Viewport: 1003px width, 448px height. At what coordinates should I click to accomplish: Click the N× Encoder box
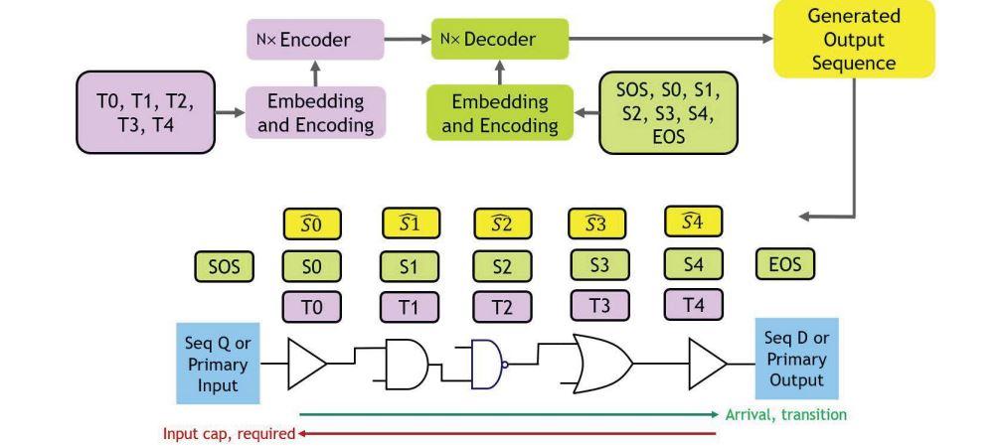pyautogui.click(x=315, y=41)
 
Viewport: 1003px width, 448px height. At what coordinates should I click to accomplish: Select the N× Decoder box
pyautogui.click(x=499, y=40)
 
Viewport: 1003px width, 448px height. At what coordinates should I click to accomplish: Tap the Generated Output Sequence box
pyautogui.click(x=854, y=39)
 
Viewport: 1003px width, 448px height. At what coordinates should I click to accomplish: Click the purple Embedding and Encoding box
pyautogui.click(x=315, y=112)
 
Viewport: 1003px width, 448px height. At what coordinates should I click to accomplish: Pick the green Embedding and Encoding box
pyautogui.click(x=499, y=112)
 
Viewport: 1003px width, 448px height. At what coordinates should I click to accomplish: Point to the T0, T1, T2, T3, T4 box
pyautogui.click(x=145, y=112)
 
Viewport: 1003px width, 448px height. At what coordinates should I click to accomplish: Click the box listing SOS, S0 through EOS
pyautogui.click(x=668, y=112)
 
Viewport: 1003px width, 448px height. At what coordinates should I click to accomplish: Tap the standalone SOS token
pyautogui.click(x=224, y=266)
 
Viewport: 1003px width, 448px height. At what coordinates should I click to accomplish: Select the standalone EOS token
pyautogui.click(x=784, y=264)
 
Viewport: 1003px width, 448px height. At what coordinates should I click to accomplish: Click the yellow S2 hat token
pyautogui.click(x=501, y=224)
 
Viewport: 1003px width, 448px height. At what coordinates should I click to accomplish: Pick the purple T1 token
pyautogui.click(x=408, y=307)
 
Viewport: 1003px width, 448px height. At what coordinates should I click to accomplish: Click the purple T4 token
pyautogui.click(x=693, y=304)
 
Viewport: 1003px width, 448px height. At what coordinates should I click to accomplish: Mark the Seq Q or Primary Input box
pyautogui.click(x=217, y=362)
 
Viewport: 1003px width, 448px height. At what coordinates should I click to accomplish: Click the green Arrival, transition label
pyautogui.click(x=785, y=414)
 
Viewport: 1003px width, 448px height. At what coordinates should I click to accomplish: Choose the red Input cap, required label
pyautogui.click(x=228, y=433)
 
